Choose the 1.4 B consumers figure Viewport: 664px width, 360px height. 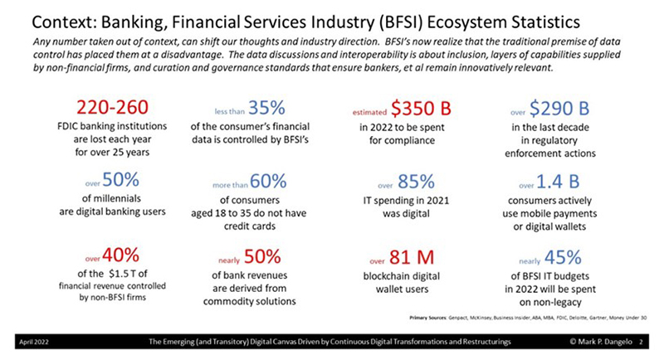[561, 180]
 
